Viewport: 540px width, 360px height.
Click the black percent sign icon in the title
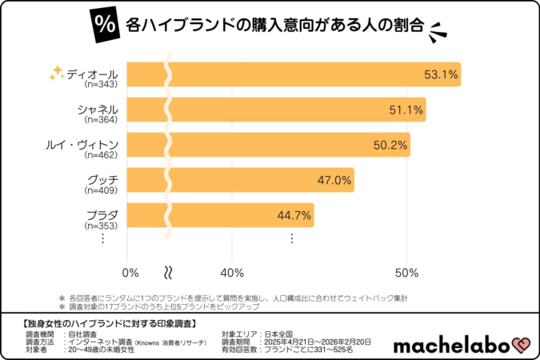tap(103, 24)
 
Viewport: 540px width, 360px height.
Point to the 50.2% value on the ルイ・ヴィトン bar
tap(390, 146)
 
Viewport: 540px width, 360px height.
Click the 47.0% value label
tap(334, 181)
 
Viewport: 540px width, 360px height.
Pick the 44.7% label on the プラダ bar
tap(294, 216)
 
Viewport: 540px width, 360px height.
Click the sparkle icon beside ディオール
tap(56, 74)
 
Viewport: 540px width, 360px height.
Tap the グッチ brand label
tap(102, 178)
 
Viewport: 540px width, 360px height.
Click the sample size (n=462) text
tap(101, 155)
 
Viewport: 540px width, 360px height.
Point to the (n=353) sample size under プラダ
tap(101, 226)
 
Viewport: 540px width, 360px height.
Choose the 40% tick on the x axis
tap(232, 272)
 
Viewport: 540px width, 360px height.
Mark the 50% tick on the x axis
tap(406, 272)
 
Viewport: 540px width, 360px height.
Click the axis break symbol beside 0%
tap(169, 272)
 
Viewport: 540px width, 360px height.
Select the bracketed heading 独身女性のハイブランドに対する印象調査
tap(105, 322)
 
